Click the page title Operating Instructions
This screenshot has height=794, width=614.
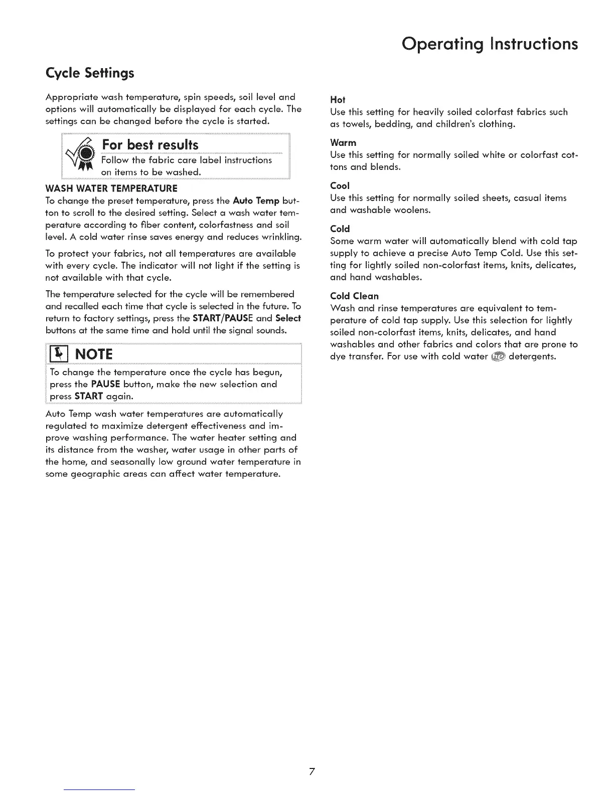point(490,44)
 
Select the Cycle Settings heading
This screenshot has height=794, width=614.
point(90,73)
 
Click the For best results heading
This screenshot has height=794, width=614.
point(150,145)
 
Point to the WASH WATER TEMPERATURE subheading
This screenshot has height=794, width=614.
point(111,188)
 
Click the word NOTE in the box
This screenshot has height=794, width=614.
point(94,354)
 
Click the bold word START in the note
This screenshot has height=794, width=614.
point(89,396)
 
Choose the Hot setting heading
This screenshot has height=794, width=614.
point(338,100)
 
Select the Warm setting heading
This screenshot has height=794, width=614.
point(343,143)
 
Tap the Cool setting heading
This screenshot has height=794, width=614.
point(340,186)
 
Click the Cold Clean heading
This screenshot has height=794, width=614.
point(354,296)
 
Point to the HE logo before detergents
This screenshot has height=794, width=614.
point(498,356)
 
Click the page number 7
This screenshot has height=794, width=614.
point(312,771)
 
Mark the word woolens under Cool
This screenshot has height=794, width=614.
point(411,210)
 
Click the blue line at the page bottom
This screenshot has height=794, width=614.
point(99,789)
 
